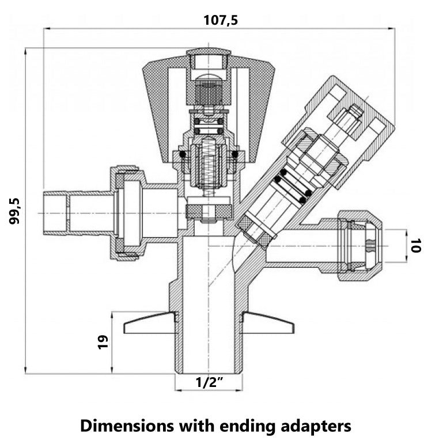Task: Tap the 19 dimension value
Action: click(103, 343)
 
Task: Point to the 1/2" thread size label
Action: click(209, 382)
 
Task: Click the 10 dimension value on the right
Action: click(417, 246)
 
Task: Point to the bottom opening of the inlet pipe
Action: click(209, 371)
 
